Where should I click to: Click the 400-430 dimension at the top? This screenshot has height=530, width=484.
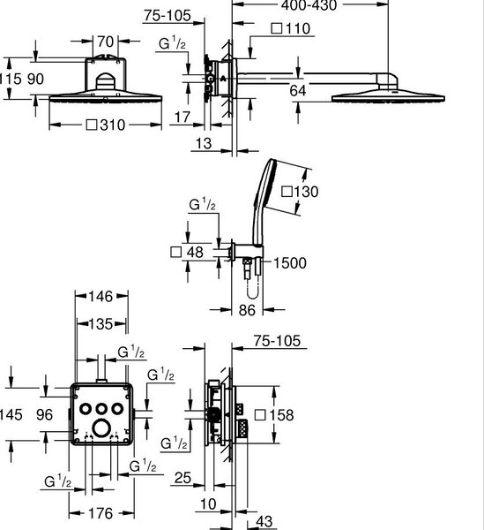click(309, 5)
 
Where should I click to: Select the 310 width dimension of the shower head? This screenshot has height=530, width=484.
click(106, 125)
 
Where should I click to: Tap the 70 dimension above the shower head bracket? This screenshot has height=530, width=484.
click(106, 42)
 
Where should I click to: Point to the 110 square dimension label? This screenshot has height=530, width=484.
click(291, 28)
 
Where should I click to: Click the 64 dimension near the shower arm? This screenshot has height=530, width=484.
click(298, 91)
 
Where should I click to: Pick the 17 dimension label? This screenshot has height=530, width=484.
click(182, 117)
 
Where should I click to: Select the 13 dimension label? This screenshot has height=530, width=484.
click(204, 143)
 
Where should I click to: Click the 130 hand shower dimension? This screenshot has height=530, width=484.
click(300, 192)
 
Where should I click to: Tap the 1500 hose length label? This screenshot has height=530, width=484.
click(290, 263)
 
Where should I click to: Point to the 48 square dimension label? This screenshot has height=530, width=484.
click(187, 252)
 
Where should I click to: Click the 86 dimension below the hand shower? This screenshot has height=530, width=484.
click(247, 310)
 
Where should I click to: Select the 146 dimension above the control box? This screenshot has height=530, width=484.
click(101, 297)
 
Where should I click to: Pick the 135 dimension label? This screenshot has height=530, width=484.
click(101, 324)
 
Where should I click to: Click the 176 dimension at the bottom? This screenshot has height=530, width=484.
click(101, 513)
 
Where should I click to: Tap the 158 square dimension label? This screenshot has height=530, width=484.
click(274, 415)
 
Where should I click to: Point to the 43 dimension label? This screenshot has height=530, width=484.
click(264, 521)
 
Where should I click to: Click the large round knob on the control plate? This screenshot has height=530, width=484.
click(101, 428)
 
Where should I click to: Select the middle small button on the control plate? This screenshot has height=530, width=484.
click(101, 409)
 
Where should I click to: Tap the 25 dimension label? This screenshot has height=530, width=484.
click(182, 478)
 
